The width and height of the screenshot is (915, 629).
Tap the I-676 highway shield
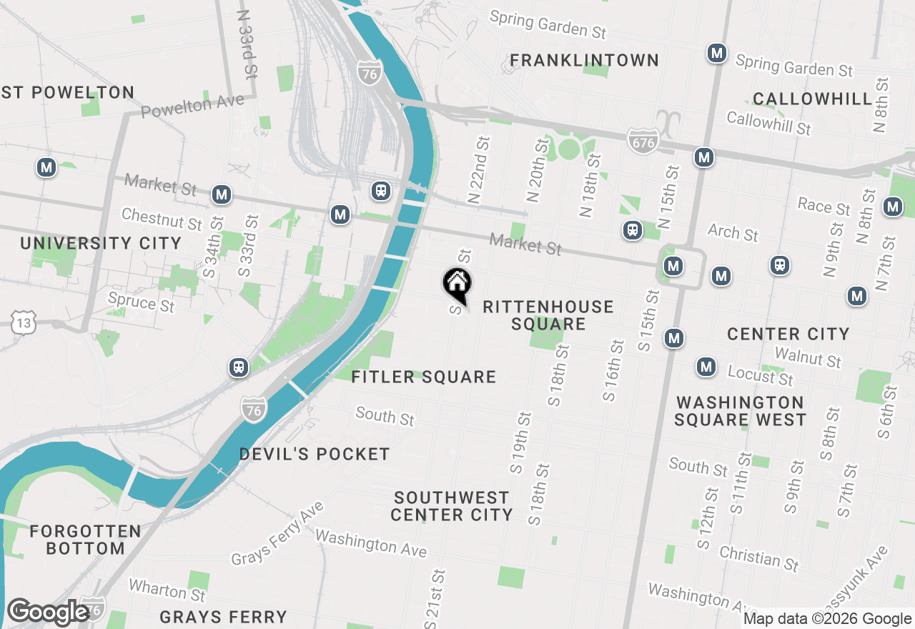click(x=641, y=142)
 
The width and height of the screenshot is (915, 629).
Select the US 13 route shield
click(x=23, y=323)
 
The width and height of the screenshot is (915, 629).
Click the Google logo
click(x=49, y=613)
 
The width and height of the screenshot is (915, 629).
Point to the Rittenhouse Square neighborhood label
click(x=548, y=315)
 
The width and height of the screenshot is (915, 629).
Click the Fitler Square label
click(x=424, y=377)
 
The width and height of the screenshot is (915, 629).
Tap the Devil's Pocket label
click(x=315, y=454)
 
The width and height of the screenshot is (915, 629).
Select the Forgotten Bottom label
click(x=85, y=540)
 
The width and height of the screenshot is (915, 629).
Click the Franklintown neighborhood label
click(x=585, y=60)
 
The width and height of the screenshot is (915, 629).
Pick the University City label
click(x=101, y=243)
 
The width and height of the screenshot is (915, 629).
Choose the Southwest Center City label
click(x=452, y=506)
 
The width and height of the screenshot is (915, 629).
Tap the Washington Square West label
click(x=741, y=411)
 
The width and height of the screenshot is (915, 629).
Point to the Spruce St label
click(x=141, y=302)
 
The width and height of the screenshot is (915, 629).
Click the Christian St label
click(x=759, y=558)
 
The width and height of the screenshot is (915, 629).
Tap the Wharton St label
click(x=167, y=591)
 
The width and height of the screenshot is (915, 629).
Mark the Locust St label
click(x=761, y=375)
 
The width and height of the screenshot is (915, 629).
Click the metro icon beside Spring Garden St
click(x=717, y=53)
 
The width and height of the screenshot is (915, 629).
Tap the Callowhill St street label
click(x=768, y=123)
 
